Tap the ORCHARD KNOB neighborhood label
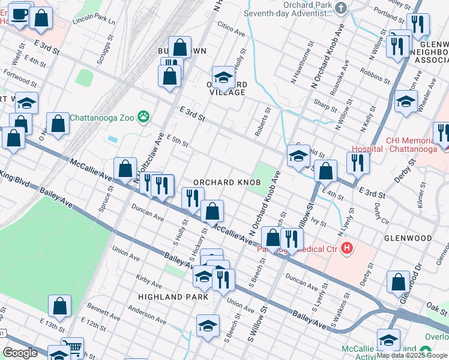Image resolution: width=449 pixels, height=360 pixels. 226,182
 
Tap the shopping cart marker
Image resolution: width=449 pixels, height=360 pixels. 73,346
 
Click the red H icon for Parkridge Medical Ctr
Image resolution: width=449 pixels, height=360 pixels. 346,248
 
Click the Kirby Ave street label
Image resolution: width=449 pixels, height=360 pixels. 149,279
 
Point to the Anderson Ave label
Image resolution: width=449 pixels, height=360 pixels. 147,313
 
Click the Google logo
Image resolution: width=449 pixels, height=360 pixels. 20,353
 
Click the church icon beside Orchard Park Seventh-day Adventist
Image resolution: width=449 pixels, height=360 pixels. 342,8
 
